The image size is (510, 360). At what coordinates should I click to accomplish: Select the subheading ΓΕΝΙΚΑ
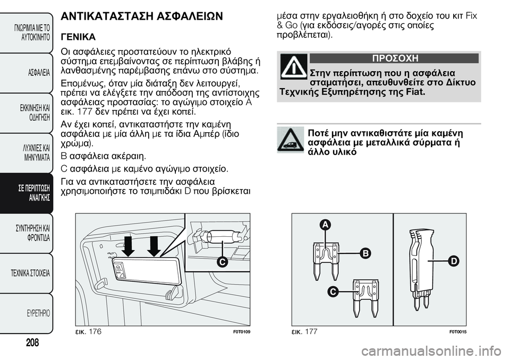79,38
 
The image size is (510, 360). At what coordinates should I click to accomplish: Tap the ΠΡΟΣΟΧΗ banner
394,58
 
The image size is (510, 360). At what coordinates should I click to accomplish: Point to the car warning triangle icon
290,140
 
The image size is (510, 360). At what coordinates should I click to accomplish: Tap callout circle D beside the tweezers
453,260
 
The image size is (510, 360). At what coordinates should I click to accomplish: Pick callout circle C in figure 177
333,292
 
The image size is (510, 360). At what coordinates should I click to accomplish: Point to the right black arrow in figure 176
154,245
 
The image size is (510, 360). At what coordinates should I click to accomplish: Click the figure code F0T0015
457,331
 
